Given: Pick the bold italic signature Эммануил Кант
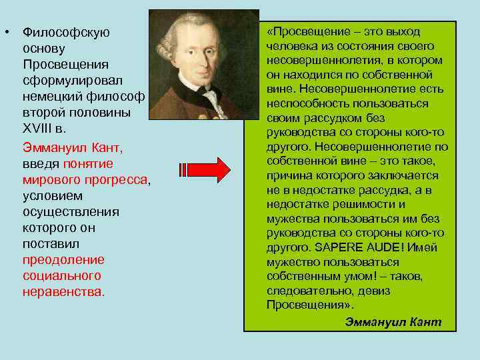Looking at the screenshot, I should [393, 321].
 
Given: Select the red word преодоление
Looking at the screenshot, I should [63, 259].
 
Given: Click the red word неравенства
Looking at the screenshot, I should [63, 291].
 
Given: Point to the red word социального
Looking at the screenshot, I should [62, 275].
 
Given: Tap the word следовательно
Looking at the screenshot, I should [310, 291].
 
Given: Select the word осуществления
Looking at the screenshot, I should [71, 211].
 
